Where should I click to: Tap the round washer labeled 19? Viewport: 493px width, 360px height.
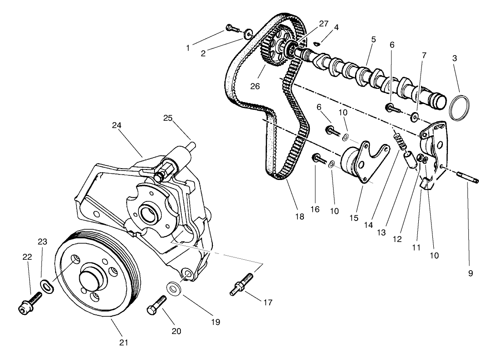173,288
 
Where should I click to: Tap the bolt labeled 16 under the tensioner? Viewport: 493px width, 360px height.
318,159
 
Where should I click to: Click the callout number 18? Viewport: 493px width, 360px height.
299,217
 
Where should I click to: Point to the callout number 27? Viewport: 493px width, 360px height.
323,24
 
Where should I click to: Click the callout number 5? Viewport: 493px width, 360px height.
373,40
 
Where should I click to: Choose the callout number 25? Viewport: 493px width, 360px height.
168,118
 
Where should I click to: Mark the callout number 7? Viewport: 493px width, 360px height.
424,56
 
